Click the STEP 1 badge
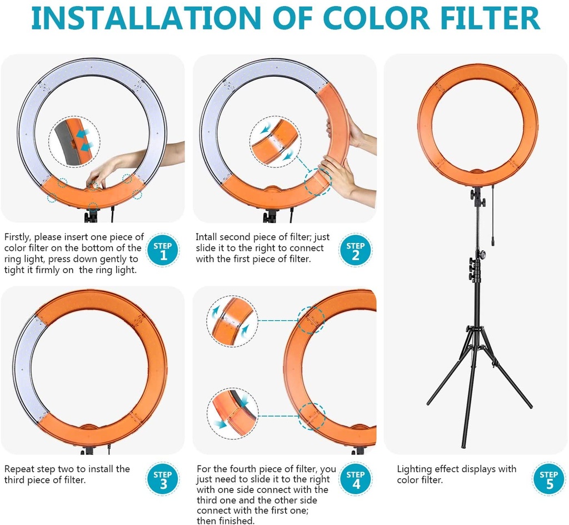click(x=163, y=251)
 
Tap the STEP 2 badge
click(x=356, y=251)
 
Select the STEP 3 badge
click(x=163, y=479)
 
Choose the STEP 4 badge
click(x=356, y=479)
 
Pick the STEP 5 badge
click(x=548, y=479)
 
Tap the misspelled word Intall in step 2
click(x=207, y=237)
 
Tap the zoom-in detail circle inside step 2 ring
click(x=276, y=141)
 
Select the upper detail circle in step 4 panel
click(x=234, y=321)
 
